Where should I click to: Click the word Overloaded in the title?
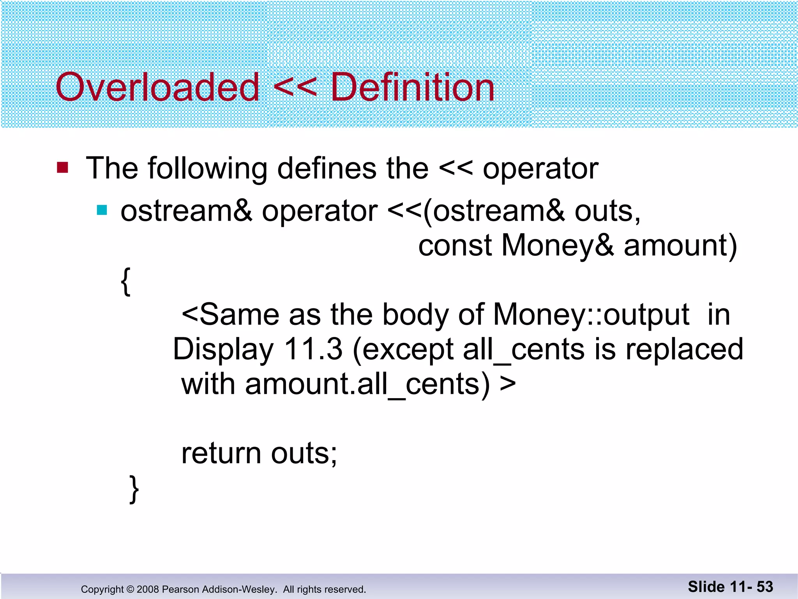157,87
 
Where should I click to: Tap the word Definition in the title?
412,87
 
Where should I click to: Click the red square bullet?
62,168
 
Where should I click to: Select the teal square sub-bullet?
102,210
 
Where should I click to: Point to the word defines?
327,168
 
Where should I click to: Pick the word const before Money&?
455,245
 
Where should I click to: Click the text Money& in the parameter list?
557,246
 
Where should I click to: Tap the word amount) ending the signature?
680,246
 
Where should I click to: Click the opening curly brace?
125,282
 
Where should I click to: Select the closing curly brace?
134,489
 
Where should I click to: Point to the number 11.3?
313,349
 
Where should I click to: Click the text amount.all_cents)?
367,384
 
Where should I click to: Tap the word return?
221,453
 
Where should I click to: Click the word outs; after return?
304,453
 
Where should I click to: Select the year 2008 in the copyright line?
148,589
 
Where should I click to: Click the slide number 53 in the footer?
764,587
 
